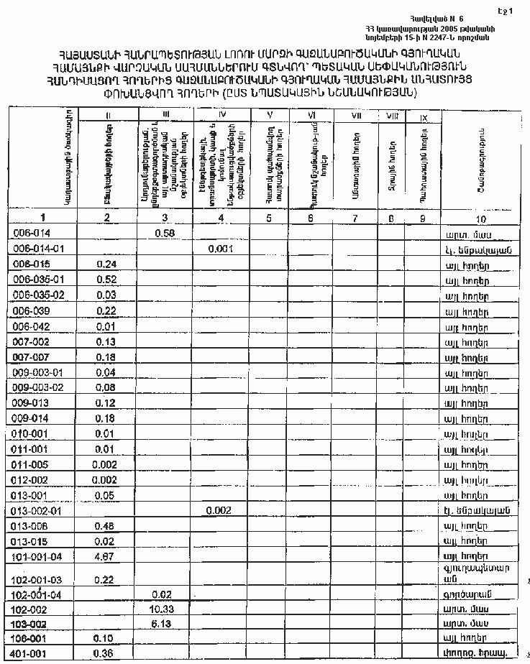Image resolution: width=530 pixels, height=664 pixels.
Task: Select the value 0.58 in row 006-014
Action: click(x=165, y=233)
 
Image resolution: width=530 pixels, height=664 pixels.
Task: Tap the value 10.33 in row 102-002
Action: click(x=165, y=608)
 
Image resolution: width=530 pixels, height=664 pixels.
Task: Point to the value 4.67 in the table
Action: click(x=106, y=555)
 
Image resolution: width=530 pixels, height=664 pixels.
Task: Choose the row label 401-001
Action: click(x=32, y=653)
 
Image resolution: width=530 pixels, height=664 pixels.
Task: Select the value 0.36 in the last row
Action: click(x=106, y=653)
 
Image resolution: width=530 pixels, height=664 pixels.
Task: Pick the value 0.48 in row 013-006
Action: click(x=106, y=525)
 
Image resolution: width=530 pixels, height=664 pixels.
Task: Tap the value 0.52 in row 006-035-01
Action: click(x=106, y=279)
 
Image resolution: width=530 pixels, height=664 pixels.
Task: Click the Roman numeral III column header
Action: click(x=165, y=114)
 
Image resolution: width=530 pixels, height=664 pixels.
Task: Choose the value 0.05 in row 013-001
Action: click(x=106, y=495)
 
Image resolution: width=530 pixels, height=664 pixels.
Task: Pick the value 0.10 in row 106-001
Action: click(x=106, y=637)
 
